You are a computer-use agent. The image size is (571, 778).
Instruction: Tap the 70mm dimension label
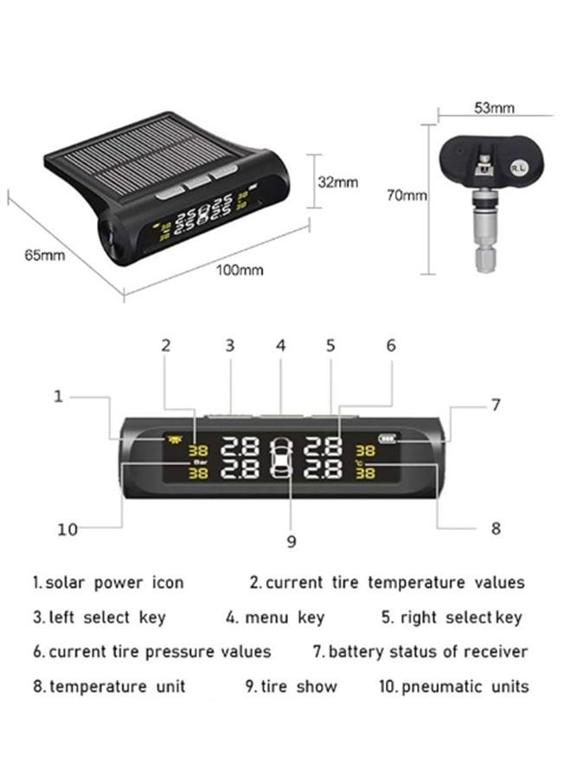click(407, 196)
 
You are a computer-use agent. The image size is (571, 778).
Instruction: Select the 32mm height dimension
click(337, 182)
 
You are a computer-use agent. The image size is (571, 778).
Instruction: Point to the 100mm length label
click(240, 270)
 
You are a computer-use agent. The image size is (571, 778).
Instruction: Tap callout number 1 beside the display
click(58, 396)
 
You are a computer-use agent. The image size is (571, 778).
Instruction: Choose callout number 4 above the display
click(280, 345)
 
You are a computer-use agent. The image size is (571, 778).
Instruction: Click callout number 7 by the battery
click(496, 404)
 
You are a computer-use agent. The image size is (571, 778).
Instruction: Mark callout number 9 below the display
click(292, 541)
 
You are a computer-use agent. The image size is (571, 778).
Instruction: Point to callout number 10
click(67, 529)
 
